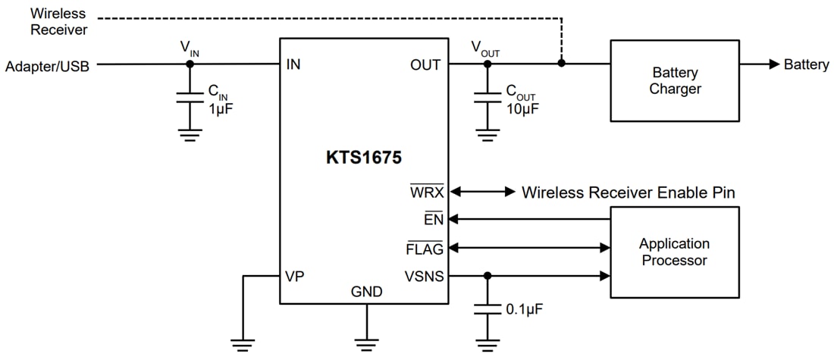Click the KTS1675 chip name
364,159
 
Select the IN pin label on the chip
293,64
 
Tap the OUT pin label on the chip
425,64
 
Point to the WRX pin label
427,192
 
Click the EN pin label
434,220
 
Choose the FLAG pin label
425,248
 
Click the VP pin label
294,276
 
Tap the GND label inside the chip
366,292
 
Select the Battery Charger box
674,80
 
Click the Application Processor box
674,252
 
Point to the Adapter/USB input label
47,66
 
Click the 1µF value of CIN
221,107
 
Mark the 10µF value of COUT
522,108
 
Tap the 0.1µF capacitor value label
525,310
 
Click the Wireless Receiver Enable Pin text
628,193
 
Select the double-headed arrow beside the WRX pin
482,192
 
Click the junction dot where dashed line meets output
561,64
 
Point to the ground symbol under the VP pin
243,346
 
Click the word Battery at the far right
806,65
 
